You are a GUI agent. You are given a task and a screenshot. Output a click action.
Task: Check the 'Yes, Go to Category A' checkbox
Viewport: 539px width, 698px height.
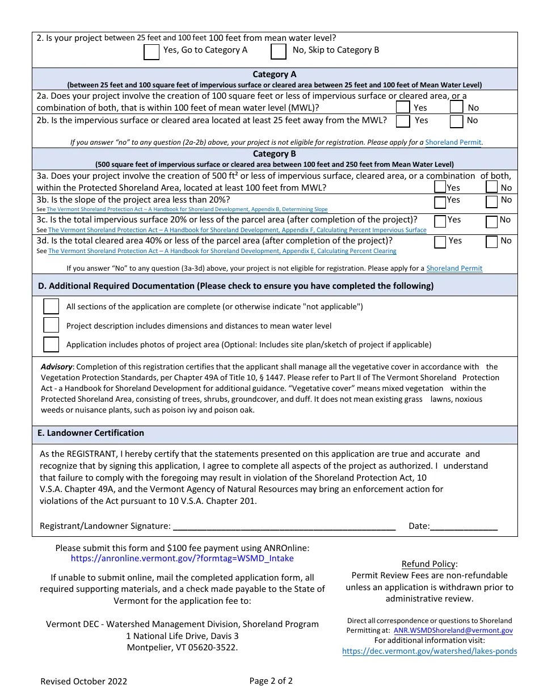(x=151, y=52)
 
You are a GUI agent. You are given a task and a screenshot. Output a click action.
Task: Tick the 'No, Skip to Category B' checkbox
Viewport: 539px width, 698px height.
(x=279, y=52)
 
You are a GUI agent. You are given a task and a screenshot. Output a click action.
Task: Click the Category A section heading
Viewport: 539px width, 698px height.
(x=275, y=74)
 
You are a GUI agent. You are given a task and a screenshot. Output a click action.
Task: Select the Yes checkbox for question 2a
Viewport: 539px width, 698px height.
(x=403, y=107)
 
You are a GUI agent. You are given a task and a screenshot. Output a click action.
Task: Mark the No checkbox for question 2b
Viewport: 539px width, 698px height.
(x=457, y=121)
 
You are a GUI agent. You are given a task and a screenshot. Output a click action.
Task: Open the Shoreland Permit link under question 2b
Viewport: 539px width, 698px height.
(x=453, y=142)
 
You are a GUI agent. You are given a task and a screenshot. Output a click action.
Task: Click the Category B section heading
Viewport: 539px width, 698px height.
(x=275, y=154)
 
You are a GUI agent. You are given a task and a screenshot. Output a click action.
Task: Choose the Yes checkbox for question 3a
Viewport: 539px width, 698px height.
(x=440, y=187)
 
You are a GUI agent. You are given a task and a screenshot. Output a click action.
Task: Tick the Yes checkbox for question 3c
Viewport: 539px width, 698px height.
(x=440, y=221)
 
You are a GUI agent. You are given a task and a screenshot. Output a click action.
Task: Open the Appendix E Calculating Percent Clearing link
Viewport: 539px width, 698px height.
(x=222, y=251)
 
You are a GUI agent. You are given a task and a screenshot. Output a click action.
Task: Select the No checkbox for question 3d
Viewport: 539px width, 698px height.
(x=492, y=242)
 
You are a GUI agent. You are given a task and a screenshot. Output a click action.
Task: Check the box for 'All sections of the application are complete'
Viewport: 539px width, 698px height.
(x=52, y=306)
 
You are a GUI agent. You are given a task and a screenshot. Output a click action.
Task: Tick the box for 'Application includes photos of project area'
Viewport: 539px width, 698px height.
(x=52, y=344)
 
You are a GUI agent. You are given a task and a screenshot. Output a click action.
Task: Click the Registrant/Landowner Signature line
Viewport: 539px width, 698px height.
(x=284, y=526)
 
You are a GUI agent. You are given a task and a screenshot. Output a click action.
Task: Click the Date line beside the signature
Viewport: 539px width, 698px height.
(x=464, y=526)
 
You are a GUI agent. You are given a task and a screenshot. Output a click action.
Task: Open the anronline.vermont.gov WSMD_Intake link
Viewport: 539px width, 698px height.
(x=182, y=558)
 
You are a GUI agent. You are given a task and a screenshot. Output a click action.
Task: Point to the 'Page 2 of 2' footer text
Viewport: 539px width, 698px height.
(x=271, y=681)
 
